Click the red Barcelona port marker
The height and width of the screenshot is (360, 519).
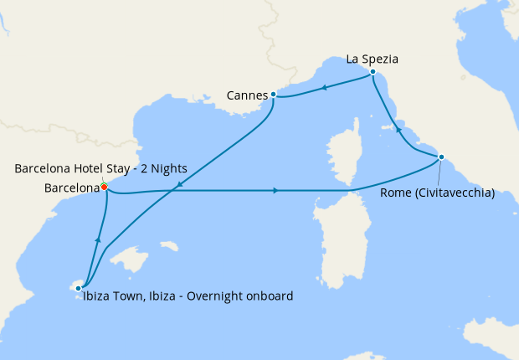(x=104, y=187)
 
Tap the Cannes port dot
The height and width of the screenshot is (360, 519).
(x=274, y=95)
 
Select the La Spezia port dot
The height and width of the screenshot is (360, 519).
(x=372, y=74)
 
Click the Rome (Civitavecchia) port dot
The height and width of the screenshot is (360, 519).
(x=441, y=157)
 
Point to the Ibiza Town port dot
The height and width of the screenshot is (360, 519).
(x=79, y=288)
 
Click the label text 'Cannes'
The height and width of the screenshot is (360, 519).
(x=246, y=95)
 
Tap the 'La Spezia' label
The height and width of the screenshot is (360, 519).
(x=372, y=59)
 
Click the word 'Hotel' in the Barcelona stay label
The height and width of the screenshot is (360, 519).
(x=88, y=169)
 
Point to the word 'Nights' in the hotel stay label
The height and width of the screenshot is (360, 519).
(x=167, y=169)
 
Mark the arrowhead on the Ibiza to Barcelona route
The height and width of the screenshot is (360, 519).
(x=98, y=241)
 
